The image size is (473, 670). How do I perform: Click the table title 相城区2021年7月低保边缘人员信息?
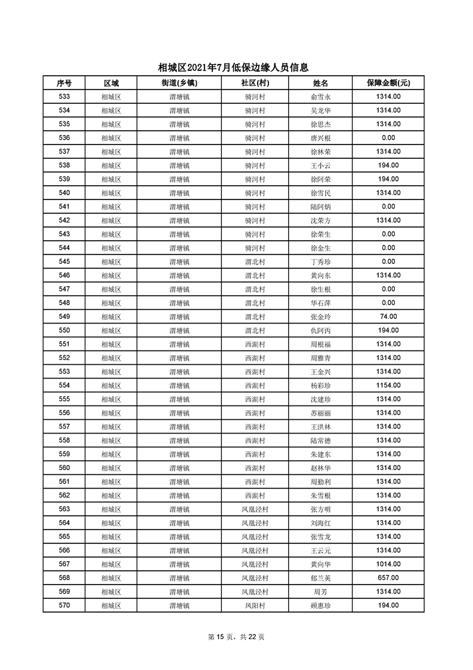[236, 67]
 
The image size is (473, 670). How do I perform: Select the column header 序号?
[64, 83]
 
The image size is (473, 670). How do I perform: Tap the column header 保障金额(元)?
[388, 83]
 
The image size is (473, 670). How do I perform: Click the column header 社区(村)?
[255, 83]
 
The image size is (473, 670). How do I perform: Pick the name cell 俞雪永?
[320, 97]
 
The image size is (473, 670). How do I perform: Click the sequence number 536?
[64, 138]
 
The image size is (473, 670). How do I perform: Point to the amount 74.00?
[388, 316]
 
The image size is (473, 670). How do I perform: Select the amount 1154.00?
[388, 385]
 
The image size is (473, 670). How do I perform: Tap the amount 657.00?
[388, 577]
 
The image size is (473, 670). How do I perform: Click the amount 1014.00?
[388, 564]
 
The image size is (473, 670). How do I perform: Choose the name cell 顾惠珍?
[320, 606]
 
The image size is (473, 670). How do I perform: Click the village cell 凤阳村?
[255, 606]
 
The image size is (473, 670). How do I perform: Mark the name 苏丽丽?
[320, 413]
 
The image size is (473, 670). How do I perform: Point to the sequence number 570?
[64, 605]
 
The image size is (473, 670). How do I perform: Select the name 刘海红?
[320, 523]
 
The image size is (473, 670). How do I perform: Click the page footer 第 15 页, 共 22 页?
[236, 637]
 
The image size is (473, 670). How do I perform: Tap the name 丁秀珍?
[320, 262]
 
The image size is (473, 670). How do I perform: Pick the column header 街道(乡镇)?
[179, 83]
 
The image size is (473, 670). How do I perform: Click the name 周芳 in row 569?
[320, 591]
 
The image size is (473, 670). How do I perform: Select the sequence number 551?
[64, 344]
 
